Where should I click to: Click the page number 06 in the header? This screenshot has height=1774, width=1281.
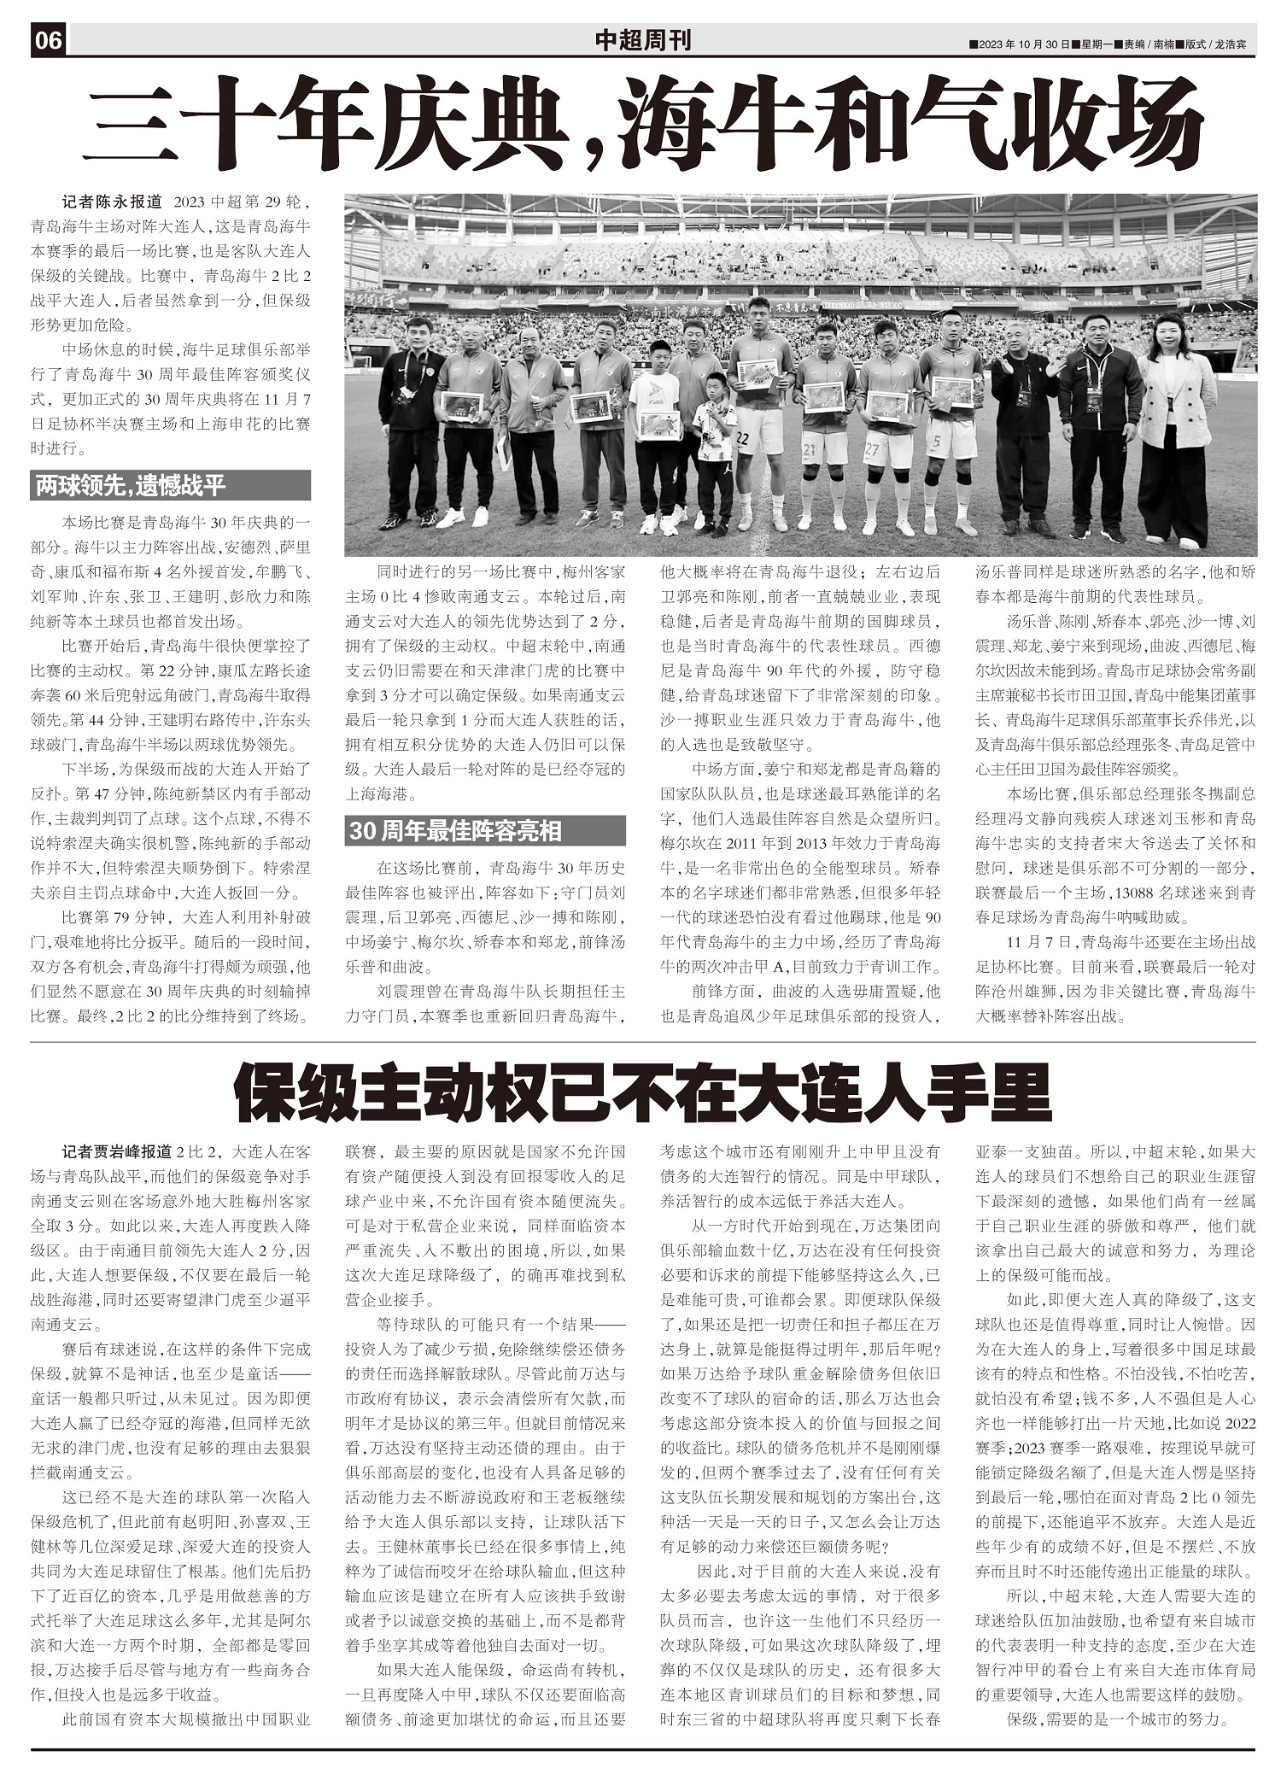tap(49, 40)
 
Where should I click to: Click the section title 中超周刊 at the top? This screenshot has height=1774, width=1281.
tap(642, 40)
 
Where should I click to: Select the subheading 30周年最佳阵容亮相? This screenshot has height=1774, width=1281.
tap(455, 830)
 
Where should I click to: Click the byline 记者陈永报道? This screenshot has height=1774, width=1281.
tap(111, 202)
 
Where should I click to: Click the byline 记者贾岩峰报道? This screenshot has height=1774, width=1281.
tap(117, 1151)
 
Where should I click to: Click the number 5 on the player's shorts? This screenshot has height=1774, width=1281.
tap(936, 442)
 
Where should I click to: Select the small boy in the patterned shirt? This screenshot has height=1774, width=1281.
tap(713, 453)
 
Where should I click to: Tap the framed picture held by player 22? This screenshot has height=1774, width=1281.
tap(757, 374)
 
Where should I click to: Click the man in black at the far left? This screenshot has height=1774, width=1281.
tap(412, 419)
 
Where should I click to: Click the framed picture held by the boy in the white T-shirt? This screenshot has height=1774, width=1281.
tap(658, 424)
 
